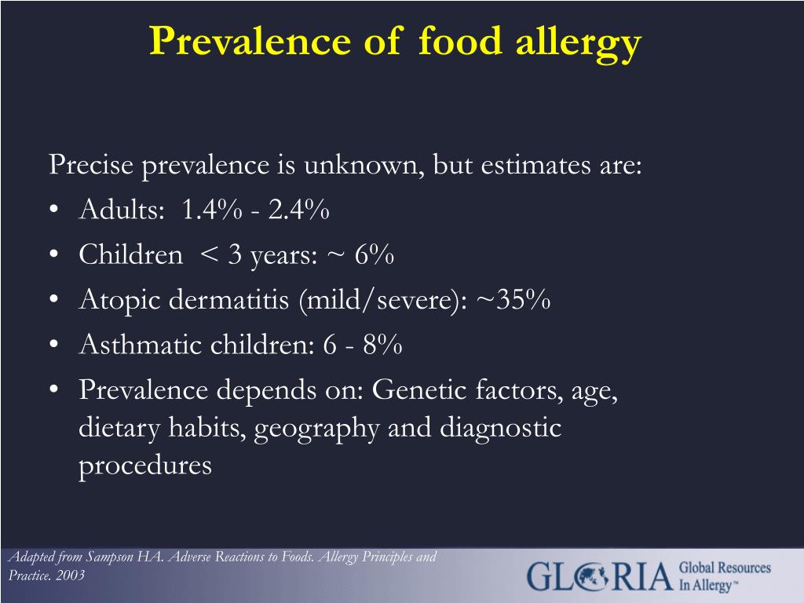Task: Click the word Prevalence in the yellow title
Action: (250, 41)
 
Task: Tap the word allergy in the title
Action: (579, 45)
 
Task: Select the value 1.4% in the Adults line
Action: (211, 209)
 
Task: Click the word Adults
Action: (122, 209)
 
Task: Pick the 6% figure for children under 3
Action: (375, 254)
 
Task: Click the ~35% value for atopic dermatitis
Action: (513, 299)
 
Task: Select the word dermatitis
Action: (229, 299)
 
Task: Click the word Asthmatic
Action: (140, 344)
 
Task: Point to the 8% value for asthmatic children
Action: (382, 344)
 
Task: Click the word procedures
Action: (145, 466)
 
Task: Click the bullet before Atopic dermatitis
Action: (54, 299)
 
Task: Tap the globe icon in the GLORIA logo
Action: (590, 577)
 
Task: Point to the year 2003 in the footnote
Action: (70, 576)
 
